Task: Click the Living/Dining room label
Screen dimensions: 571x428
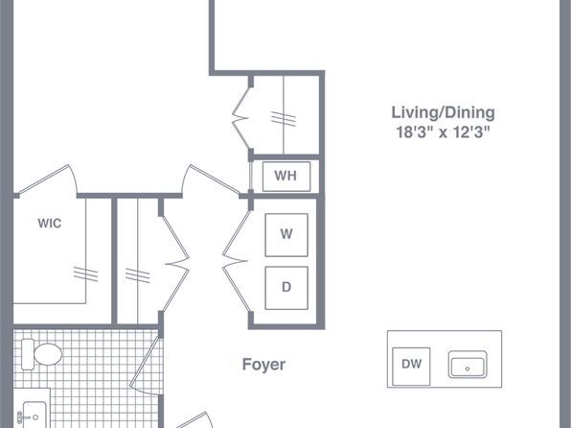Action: click(443, 112)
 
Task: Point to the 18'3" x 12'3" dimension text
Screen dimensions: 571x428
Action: click(443, 131)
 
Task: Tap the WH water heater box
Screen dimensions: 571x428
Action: click(286, 177)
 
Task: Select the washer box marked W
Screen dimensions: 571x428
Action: click(286, 234)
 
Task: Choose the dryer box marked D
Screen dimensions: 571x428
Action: click(286, 288)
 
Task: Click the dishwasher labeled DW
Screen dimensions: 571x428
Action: click(411, 366)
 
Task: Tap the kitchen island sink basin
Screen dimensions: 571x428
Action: click(468, 365)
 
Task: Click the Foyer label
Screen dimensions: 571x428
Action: click(263, 364)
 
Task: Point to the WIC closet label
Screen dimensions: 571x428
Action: click(50, 224)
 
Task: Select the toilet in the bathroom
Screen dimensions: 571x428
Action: click(41, 354)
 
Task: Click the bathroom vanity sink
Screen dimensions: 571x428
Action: click(34, 415)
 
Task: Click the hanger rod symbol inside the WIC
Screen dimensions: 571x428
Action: click(85, 274)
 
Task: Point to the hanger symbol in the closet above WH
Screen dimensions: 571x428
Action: click(284, 119)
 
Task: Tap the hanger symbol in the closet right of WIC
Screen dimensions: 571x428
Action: click(137, 275)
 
